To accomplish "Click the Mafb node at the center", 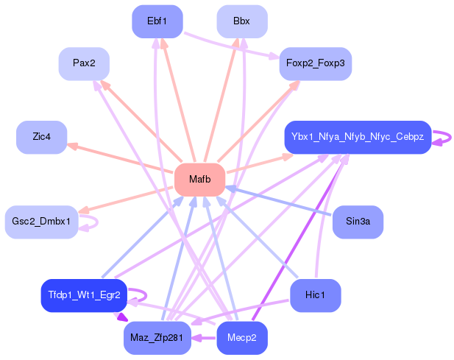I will coord(199,180).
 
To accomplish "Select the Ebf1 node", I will coord(157,21).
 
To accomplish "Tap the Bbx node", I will coord(241,21).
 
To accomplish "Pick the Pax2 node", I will coord(84,63).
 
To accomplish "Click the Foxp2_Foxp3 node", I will coord(315,63).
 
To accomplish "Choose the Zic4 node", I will coord(41,138).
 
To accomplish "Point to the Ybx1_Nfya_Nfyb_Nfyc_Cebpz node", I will coord(357,137).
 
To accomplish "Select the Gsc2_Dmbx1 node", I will coord(41,222).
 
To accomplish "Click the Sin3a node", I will coord(358,222).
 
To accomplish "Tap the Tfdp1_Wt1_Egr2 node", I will coord(84,295).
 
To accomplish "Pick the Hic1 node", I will coord(315,295).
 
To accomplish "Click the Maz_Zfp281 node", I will coord(157,338).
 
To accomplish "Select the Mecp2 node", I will coord(241,338).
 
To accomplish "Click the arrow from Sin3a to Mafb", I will coord(280,202).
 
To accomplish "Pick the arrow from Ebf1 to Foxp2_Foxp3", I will coord(231,46).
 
